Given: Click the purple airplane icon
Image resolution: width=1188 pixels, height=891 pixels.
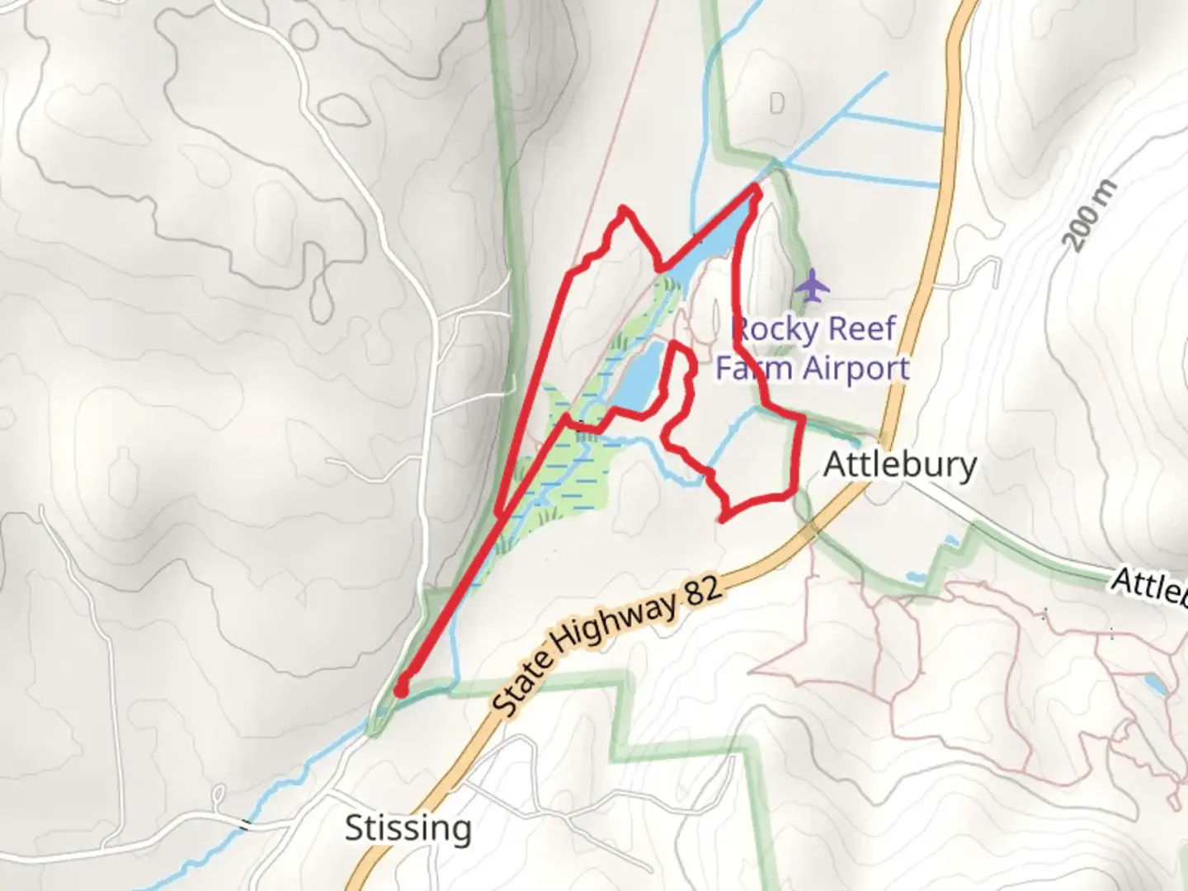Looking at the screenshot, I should click(x=813, y=286).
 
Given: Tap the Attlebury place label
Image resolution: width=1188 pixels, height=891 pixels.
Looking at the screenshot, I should click(x=900, y=464).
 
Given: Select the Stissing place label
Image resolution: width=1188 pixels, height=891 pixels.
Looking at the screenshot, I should click(x=408, y=827).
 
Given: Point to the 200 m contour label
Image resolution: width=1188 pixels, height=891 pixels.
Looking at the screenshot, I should click(x=1091, y=215).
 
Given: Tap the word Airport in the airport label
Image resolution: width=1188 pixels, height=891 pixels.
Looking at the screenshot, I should click(x=857, y=368).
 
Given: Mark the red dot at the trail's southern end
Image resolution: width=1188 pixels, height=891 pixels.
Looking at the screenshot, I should click(x=401, y=689).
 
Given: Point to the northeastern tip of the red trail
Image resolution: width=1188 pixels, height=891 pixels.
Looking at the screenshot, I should click(x=756, y=191).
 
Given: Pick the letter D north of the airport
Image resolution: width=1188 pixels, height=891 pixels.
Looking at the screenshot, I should click(x=776, y=104).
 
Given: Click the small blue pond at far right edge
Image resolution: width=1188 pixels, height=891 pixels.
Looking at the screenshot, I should click(x=1155, y=684).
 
